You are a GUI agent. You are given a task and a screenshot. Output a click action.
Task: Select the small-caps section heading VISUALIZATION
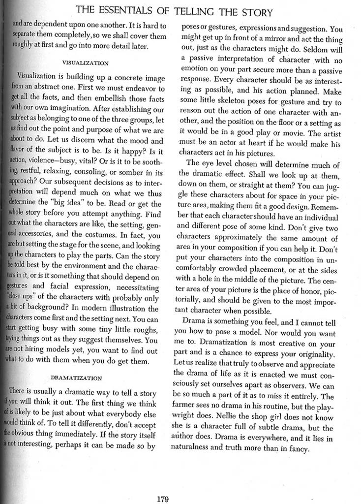(86, 63)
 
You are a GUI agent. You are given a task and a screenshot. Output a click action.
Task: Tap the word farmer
(189, 407)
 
